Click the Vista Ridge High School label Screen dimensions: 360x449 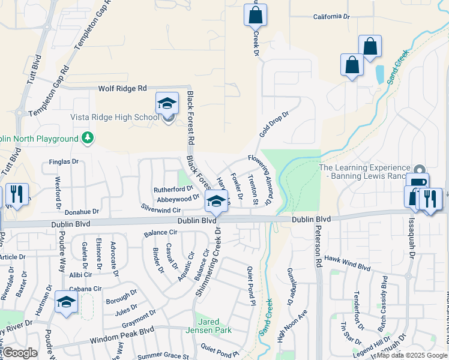coord(115,117)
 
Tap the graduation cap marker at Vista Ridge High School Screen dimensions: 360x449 coord(167,103)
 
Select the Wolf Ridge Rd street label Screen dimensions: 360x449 coord(122,88)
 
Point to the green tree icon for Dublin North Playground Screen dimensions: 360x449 coord(88,139)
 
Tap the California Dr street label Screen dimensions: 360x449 coord(331,17)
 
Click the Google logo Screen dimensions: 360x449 coord(19,353)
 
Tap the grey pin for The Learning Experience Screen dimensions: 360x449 coord(419,170)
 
